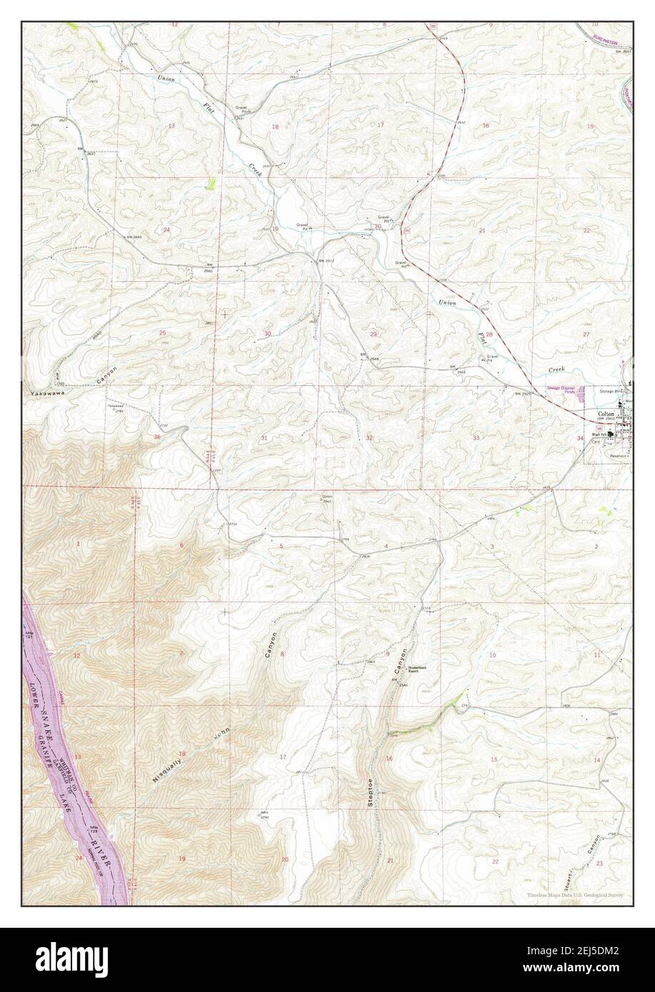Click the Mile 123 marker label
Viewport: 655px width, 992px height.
[94, 829]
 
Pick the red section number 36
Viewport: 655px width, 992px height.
[156, 437]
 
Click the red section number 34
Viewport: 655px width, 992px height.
[581, 437]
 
